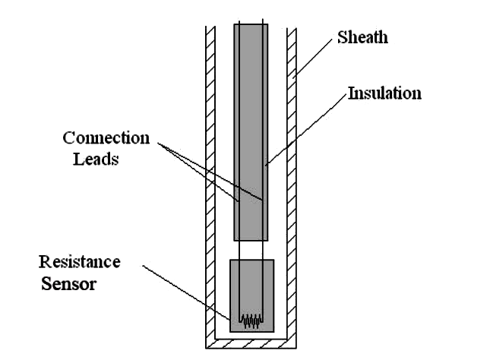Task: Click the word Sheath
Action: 362,37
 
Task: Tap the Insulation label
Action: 384,93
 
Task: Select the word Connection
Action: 106,137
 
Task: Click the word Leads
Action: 96,159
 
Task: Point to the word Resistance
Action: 79,262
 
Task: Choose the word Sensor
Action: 68,284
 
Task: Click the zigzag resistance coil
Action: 251,321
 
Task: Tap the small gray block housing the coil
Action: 252,295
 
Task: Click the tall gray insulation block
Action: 251,132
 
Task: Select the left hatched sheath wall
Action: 210,187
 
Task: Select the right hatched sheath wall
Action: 292,187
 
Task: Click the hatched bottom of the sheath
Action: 251,344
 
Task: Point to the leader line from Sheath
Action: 312,58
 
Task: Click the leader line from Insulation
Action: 307,128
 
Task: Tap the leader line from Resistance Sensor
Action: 187,293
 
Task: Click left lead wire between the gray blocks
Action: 239,250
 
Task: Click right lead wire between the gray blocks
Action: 263,250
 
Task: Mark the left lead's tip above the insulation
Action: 239,21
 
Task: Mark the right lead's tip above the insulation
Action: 263,19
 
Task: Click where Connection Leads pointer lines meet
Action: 158,144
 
